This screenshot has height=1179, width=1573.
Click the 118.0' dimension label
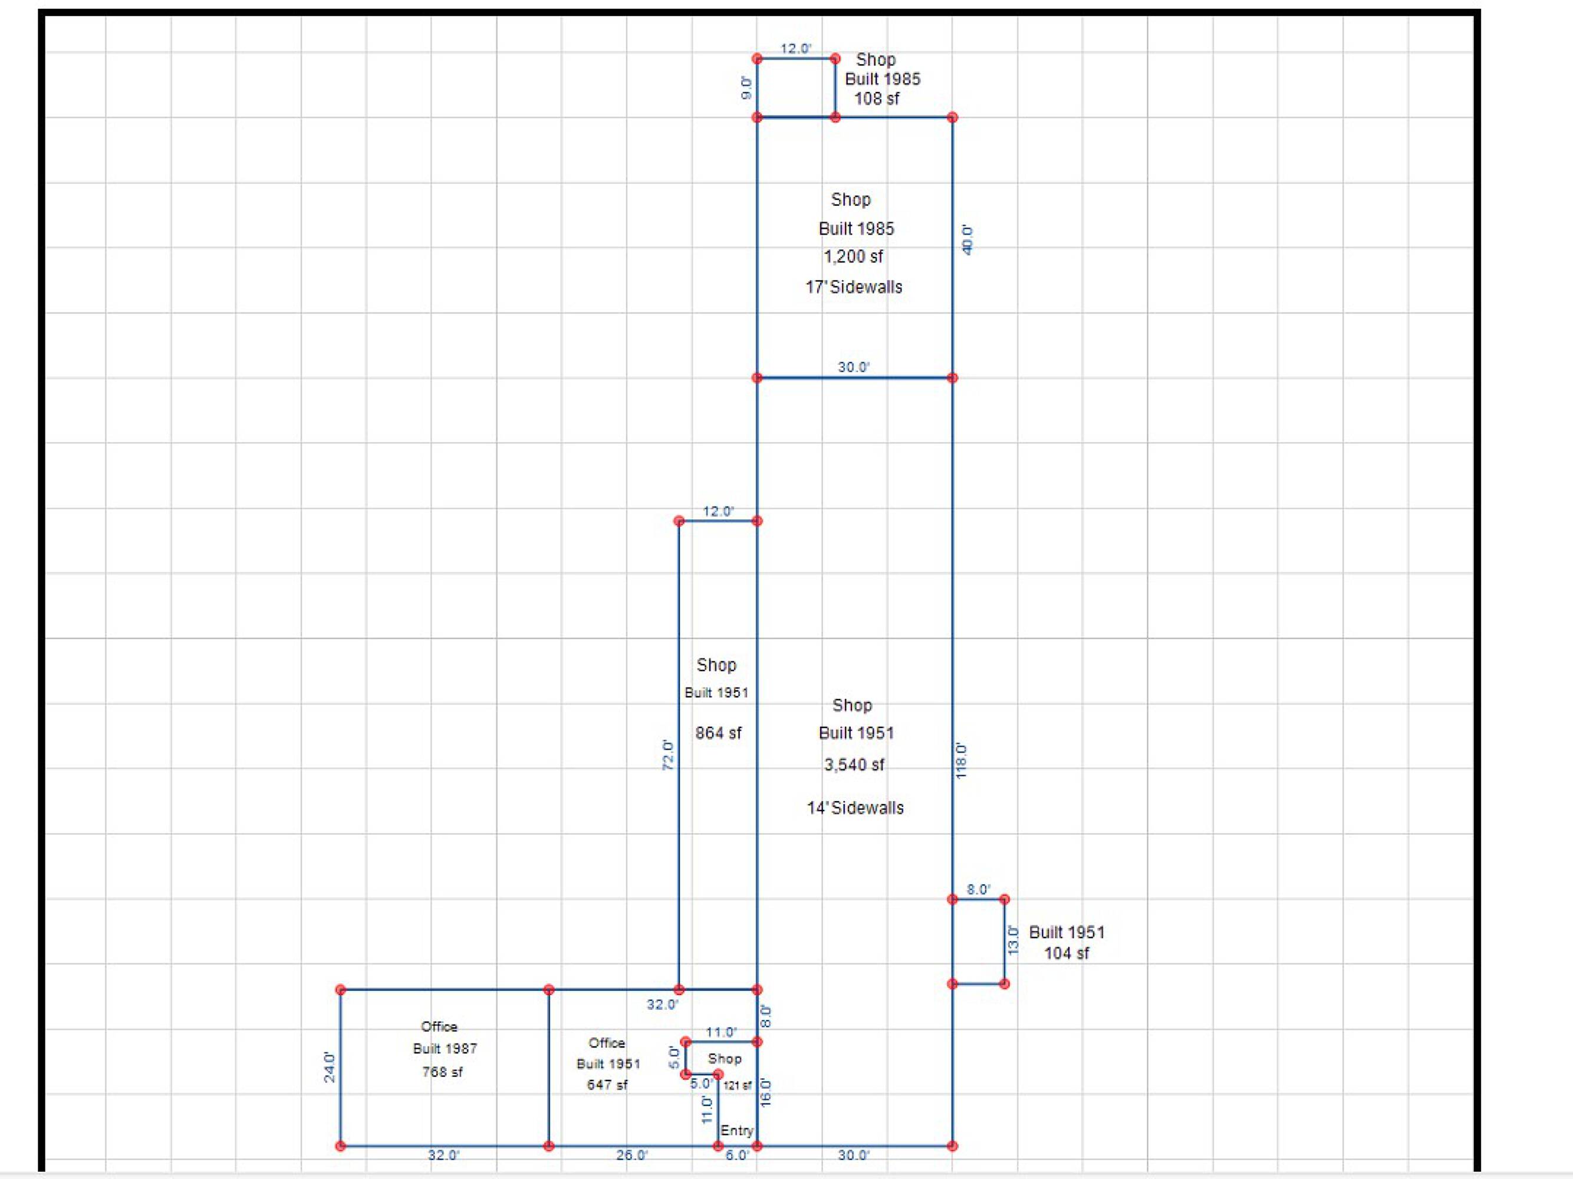tap(962, 761)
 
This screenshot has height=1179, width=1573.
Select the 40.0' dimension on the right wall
tap(967, 240)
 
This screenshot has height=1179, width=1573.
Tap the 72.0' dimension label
tap(668, 755)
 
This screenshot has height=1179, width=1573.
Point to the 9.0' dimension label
tap(746, 87)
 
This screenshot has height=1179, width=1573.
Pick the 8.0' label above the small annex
tap(978, 890)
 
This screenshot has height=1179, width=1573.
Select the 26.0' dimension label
tap(631, 1155)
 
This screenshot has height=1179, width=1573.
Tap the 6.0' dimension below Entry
tap(737, 1155)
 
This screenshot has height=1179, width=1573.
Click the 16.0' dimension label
tap(766, 1092)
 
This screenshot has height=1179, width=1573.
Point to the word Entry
tap(737, 1131)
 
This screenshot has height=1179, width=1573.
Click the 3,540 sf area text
tap(854, 765)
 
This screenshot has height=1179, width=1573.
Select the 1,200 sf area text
tap(853, 256)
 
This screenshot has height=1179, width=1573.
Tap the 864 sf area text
tap(718, 733)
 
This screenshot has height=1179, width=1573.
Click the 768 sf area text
tap(442, 1072)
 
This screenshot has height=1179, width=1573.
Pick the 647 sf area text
tap(607, 1085)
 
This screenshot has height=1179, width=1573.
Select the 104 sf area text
tap(1066, 954)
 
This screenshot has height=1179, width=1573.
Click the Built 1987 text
tap(445, 1048)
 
